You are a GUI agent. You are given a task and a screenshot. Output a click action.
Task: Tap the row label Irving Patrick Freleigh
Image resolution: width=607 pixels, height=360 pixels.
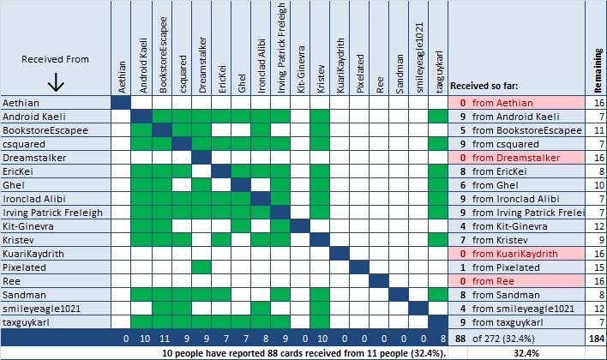click(x=52, y=213)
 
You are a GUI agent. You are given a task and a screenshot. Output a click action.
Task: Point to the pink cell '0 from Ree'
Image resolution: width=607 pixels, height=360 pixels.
click(x=493, y=281)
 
